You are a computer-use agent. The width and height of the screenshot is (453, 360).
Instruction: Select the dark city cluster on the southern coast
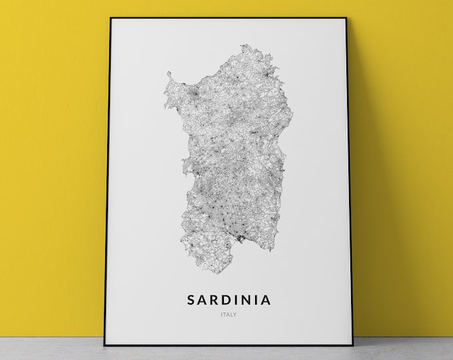pos(236,234)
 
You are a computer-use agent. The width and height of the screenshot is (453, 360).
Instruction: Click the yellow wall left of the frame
pos(53,167)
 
